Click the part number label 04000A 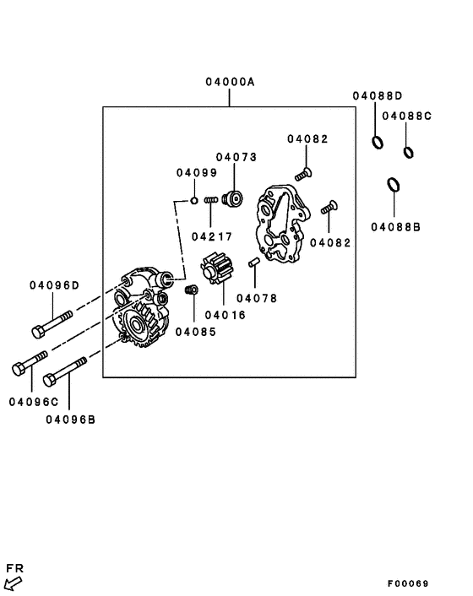tap(229, 82)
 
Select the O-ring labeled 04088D tap(378, 142)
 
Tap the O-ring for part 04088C tap(409, 152)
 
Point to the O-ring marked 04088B tap(394, 184)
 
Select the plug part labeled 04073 tap(232, 199)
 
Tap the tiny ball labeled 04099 tap(193, 201)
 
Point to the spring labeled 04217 tap(212, 202)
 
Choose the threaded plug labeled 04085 tap(190, 290)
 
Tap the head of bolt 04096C tap(19, 369)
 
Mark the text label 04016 tap(224, 315)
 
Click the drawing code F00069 tap(410, 583)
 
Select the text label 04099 tap(197, 172)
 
